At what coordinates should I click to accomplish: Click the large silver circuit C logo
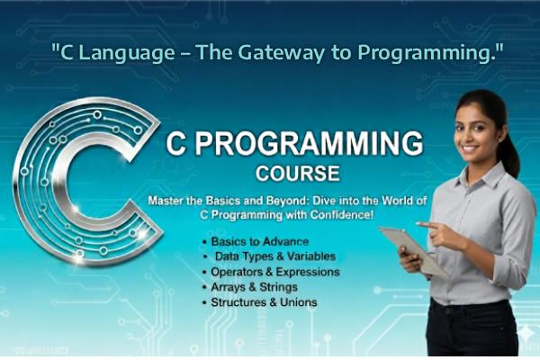coord(81,180)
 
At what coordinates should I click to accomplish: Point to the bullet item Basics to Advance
coord(260,241)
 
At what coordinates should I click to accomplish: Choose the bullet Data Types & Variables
coord(270,256)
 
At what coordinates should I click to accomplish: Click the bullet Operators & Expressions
coord(275,272)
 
